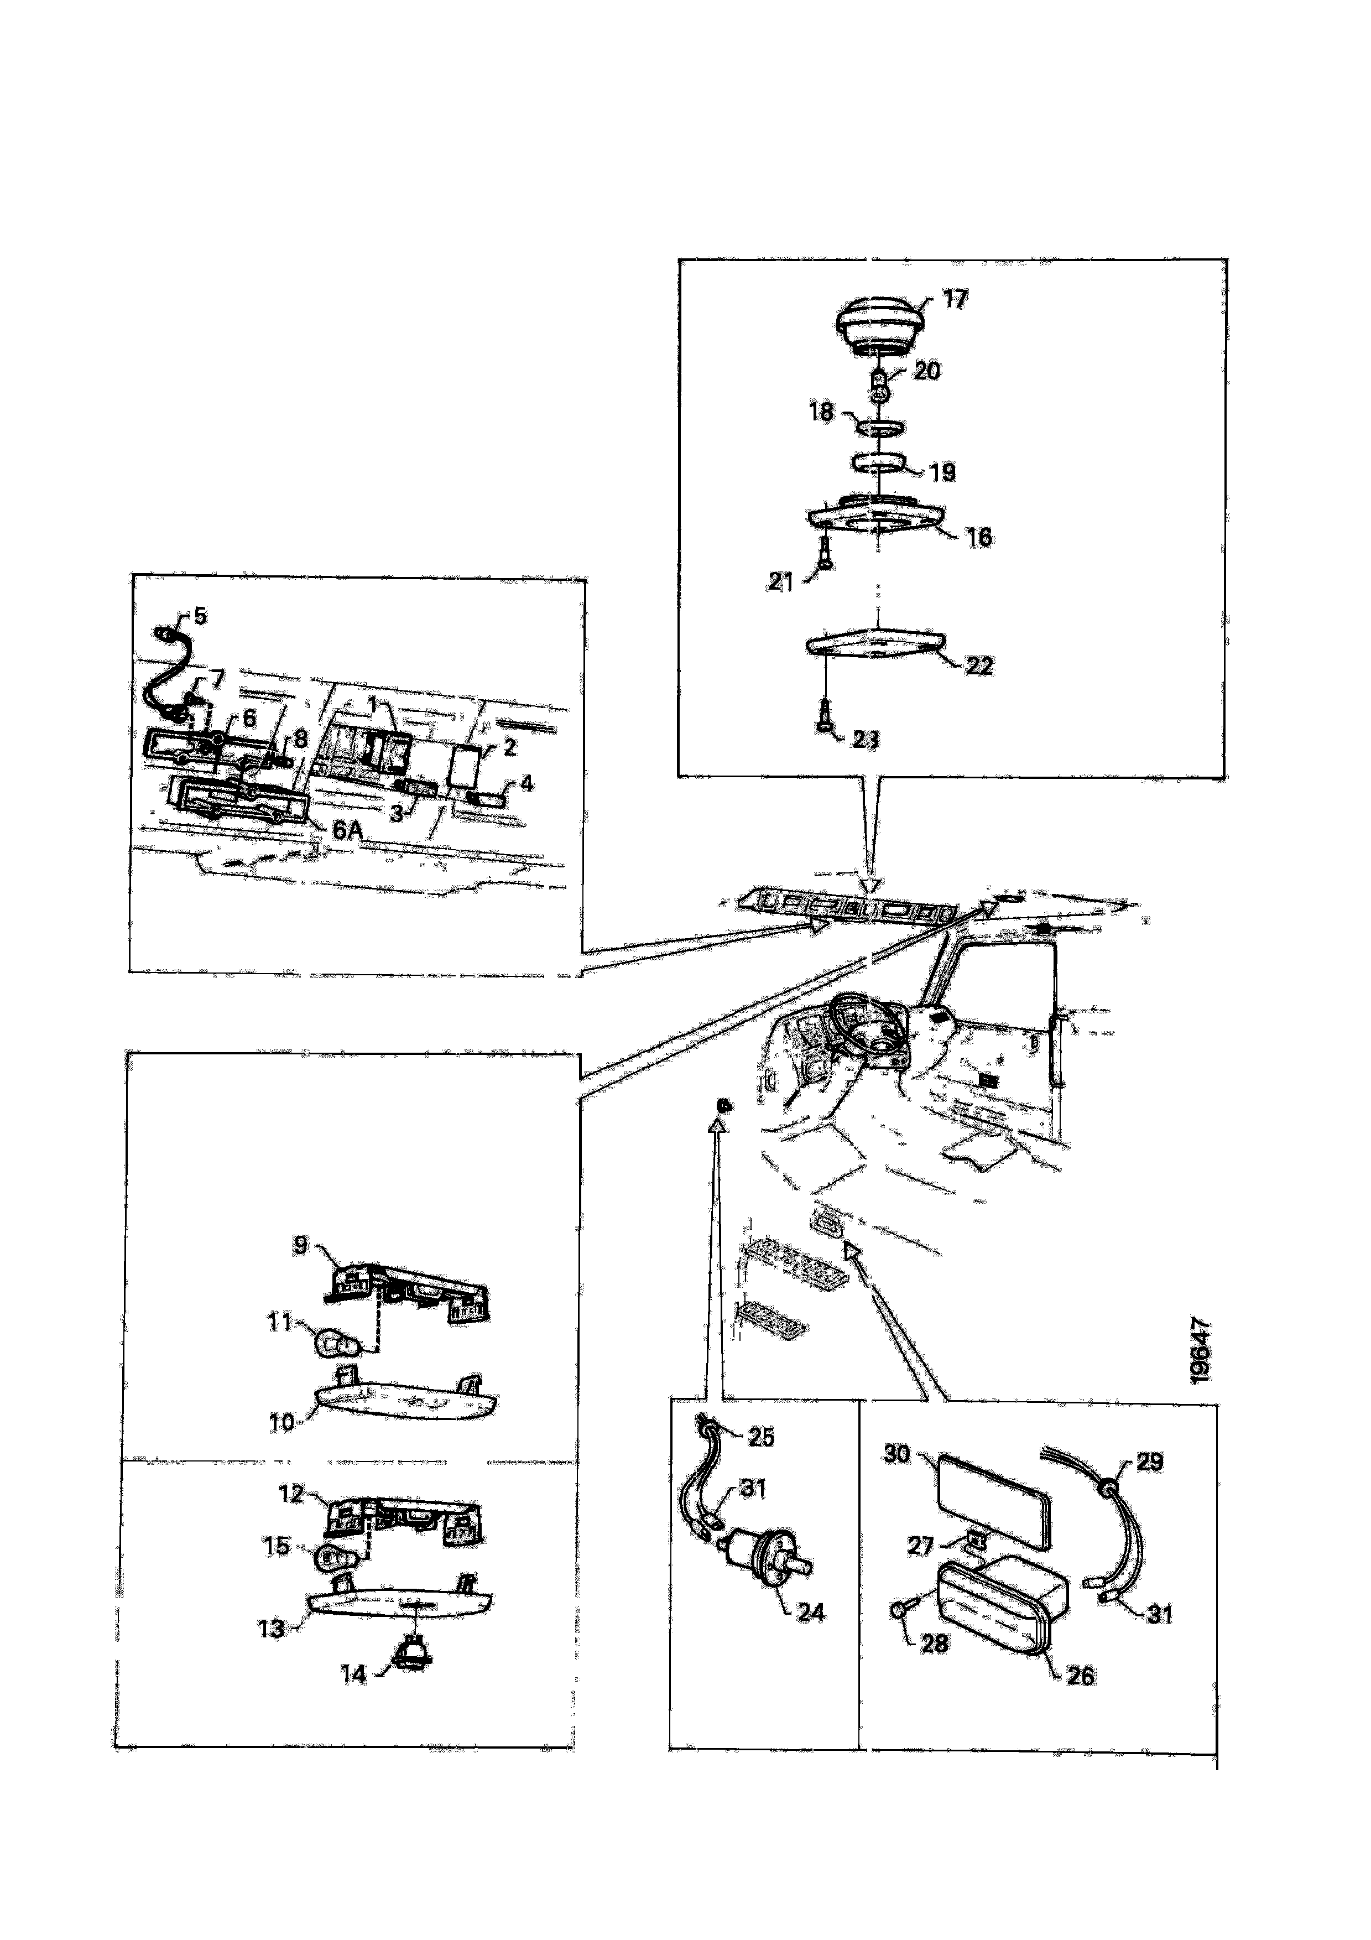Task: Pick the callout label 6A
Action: [x=347, y=830]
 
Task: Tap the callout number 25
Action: [x=761, y=1437]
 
